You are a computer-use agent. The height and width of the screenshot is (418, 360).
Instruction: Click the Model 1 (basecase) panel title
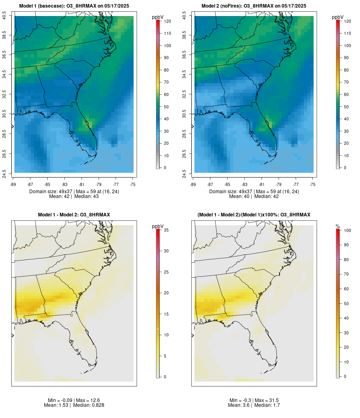[74, 6]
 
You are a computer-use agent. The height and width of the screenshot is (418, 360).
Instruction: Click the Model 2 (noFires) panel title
[254, 6]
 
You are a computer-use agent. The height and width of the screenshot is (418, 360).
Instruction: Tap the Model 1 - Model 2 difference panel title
[74, 215]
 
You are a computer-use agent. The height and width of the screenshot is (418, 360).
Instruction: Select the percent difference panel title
[254, 215]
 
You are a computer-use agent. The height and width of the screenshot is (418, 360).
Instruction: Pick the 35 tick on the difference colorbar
[166, 230]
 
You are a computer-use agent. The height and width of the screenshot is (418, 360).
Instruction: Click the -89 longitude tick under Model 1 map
[14, 184]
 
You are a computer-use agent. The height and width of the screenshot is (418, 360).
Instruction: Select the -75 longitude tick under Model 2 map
[312, 184]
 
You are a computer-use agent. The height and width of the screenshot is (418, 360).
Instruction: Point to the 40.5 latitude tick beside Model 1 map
[5, 16]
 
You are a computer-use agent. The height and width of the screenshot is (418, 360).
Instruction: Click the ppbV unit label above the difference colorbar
[158, 226]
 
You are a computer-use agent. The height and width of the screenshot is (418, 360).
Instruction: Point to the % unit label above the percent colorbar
[338, 226]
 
